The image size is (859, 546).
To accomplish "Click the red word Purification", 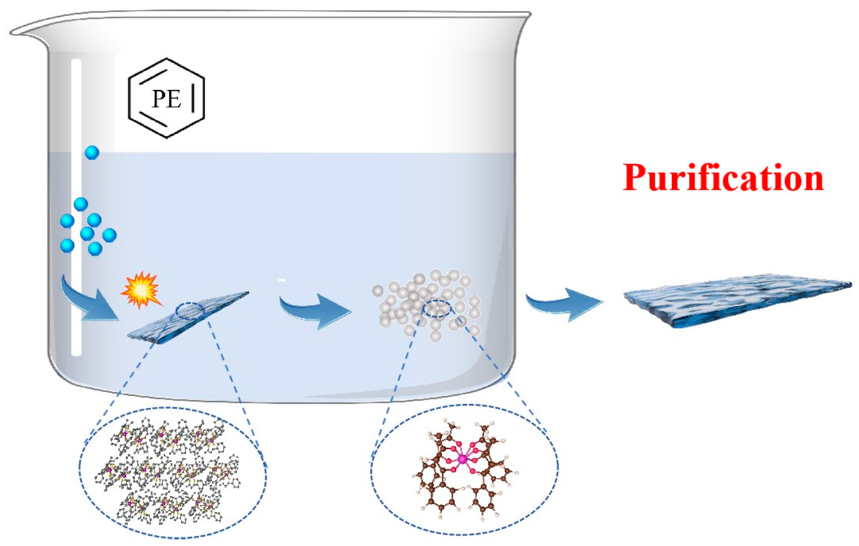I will point(723,178).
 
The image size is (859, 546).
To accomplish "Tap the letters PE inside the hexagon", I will point(166,99).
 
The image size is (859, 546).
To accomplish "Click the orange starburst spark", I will point(141,290).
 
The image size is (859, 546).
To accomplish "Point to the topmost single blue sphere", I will point(92,153).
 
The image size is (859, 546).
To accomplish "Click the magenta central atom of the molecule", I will point(462,459).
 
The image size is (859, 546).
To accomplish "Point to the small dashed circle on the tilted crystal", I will point(190,311).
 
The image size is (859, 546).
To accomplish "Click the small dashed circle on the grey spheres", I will point(438,308).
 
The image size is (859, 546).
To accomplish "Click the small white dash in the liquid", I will point(282,280).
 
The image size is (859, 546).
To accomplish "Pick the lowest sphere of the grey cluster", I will point(435,336).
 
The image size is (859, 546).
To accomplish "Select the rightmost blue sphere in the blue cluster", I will point(109,235).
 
